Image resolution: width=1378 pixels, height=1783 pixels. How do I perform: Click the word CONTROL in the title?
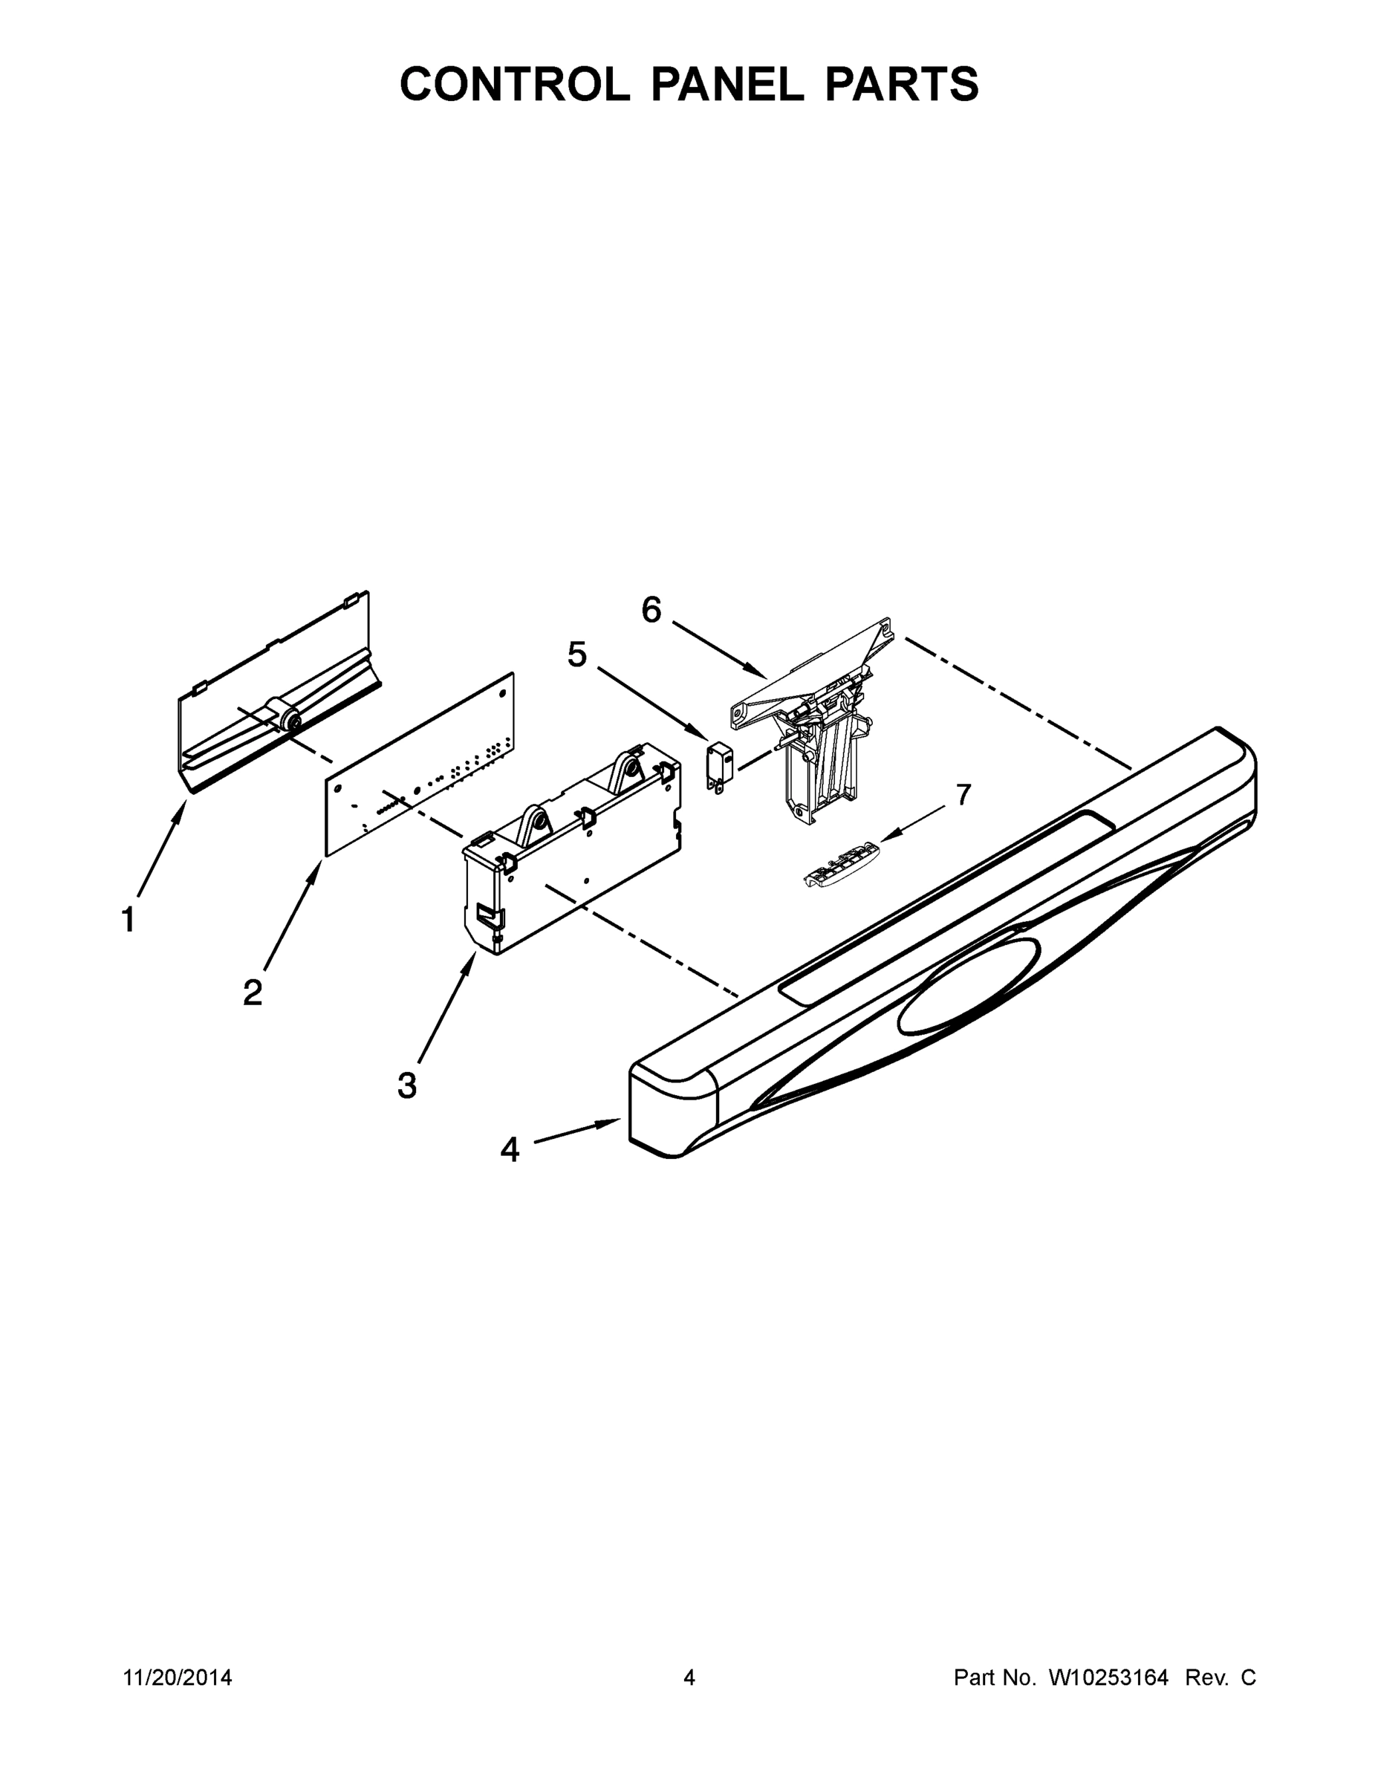[514, 84]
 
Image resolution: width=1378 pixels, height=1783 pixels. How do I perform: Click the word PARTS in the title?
[901, 84]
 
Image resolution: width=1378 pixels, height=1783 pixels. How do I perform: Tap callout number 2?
[253, 993]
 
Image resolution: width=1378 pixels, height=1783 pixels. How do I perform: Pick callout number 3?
[406, 1087]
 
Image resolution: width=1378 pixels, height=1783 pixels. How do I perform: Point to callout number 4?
[510, 1149]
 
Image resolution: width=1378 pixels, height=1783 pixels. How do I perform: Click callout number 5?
[577, 655]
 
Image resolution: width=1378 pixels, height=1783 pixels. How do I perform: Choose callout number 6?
[651, 610]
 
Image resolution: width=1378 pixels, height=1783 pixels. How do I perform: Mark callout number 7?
[963, 793]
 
